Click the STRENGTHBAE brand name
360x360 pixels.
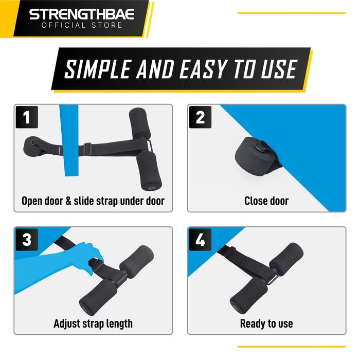pos(81,13)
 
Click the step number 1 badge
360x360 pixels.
pos(27,118)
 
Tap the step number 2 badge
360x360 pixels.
pos(201,118)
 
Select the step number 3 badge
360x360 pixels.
pos(27,240)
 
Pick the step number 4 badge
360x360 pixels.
pos(201,240)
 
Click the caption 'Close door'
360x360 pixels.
pos(266,200)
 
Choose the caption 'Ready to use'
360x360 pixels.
pos(266,323)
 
